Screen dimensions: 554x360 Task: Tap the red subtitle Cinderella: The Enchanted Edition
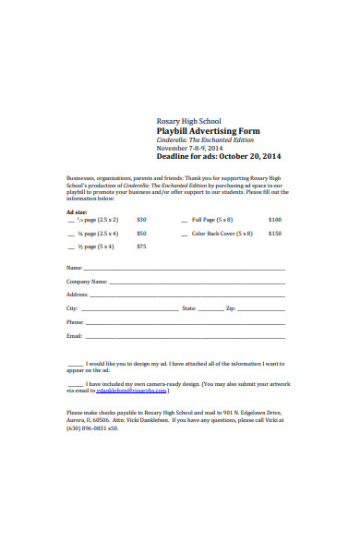[202, 140]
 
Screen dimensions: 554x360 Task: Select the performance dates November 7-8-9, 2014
[189, 148]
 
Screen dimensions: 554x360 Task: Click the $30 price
[141, 220]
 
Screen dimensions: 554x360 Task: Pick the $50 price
[141, 234]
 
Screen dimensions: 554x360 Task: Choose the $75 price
[141, 247]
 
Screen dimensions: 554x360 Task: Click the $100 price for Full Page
[275, 220]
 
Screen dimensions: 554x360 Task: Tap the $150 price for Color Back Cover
[275, 234]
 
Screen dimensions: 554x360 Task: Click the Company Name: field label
[87, 281]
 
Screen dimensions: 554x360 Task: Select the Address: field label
[78, 294]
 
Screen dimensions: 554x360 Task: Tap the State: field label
[189, 307]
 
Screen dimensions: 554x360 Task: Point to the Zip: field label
[231, 307]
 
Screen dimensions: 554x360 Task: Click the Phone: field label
[76, 321]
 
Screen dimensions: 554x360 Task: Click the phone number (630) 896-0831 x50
[92, 428]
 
